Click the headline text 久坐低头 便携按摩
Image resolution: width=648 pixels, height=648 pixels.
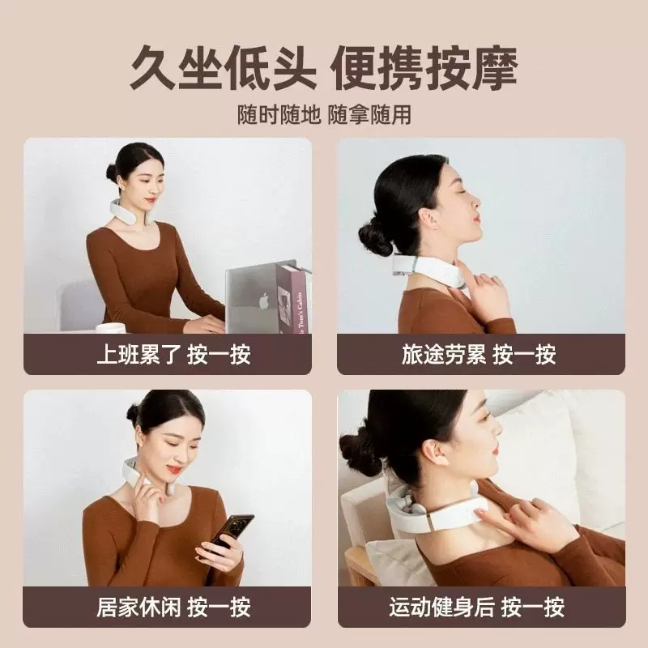[x=323, y=68]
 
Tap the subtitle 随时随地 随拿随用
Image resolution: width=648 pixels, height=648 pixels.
[x=324, y=114]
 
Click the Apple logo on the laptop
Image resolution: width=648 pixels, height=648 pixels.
[x=264, y=301]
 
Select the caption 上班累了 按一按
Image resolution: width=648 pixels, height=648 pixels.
[x=173, y=355]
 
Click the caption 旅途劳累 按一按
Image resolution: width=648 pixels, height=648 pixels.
[x=479, y=355]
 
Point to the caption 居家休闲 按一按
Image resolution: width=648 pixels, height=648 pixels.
[x=173, y=607]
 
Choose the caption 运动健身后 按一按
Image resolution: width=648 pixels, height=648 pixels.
[x=476, y=607]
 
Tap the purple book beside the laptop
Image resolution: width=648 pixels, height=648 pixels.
[x=293, y=297]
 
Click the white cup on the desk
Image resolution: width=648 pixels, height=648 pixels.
[x=110, y=328]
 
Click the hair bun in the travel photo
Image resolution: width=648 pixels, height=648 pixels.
[x=374, y=237]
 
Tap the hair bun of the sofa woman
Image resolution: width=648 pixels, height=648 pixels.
[x=358, y=454]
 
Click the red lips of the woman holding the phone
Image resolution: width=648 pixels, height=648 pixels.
[x=174, y=470]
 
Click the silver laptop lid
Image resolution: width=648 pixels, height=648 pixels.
[x=250, y=297]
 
